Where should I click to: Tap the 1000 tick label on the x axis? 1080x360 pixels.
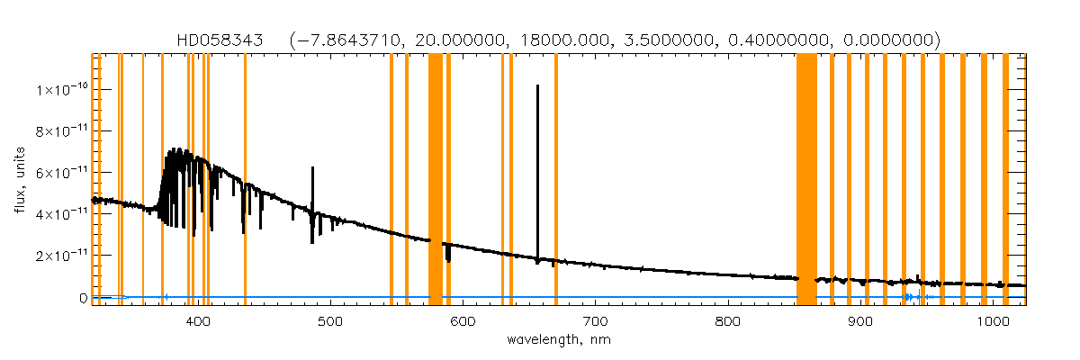pos(992,321)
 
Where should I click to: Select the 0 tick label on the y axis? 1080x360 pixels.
pos(83,298)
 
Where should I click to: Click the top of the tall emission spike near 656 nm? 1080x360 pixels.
pos(537,85)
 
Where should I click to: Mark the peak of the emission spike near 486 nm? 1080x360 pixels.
pos(312,167)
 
